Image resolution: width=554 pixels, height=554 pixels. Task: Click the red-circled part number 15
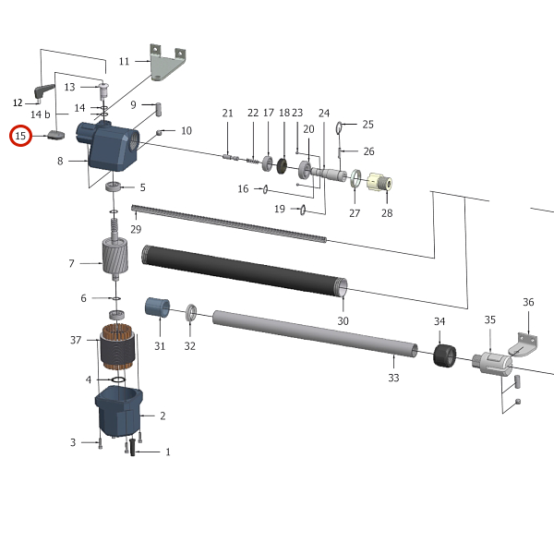pyautogui.click(x=21, y=137)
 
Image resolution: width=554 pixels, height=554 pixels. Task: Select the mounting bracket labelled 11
pyautogui.click(x=165, y=66)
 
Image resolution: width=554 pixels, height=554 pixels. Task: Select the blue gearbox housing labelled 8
pyautogui.click(x=111, y=148)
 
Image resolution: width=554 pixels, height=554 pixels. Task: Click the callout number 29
pyautogui.click(x=136, y=228)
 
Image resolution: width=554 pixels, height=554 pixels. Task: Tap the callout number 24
pyautogui.click(x=324, y=113)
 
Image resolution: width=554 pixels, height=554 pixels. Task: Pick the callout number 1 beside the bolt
pyautogui.click(x=168, y=452)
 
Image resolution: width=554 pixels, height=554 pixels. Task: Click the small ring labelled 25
pyautogui.click(x=341, y=126)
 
